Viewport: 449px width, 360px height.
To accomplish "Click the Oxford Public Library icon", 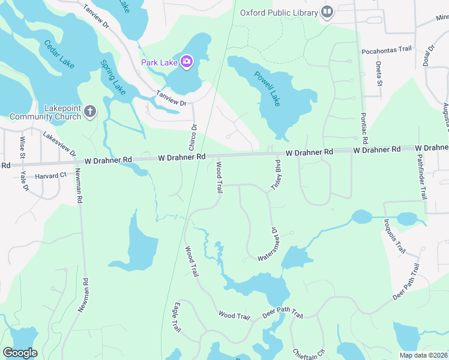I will click(x=327, y=12).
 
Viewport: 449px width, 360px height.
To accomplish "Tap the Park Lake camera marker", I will click(x=186, y=62).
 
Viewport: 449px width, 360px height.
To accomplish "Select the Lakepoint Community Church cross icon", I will click(x=90, y=111).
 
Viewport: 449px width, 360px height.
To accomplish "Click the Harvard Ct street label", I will click(x=50, y=176).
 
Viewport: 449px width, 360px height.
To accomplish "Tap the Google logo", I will click(x=20, y=353).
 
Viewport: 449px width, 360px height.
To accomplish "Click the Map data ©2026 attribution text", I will click(x=423, y=355).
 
